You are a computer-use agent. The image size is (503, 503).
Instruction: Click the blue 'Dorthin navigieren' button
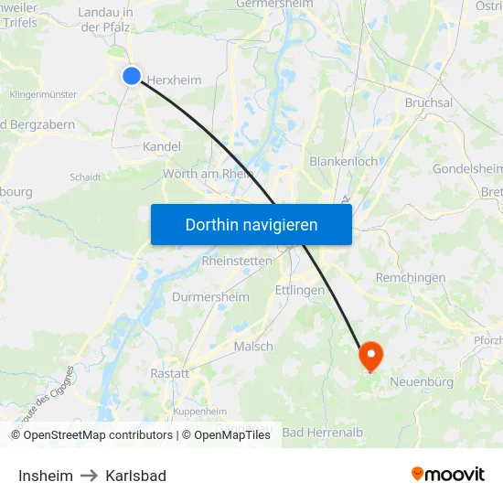(x=251, y=224)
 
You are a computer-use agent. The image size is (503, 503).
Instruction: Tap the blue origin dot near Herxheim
(x=132, y=76)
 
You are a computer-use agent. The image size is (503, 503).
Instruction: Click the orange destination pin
(x=370, y=356)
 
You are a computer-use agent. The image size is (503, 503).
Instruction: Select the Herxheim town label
(x=175, y=80)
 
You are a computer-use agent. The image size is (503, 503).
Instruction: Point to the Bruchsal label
(x=429, y=103)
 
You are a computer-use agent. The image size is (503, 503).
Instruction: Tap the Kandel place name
(x=162, y=146)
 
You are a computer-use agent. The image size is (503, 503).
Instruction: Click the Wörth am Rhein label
(x=208, y=174)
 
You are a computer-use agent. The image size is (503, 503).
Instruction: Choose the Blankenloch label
(x=344, y=161)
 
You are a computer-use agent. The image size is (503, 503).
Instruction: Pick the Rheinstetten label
(x=237, y=261)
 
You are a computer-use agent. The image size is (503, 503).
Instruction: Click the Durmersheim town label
(x=210, y=297)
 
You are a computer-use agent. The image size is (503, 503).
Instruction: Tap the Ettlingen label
(x=300, y=290)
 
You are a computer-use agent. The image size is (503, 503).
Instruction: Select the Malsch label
(x=253, y=347)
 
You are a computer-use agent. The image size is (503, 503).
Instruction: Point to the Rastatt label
(x=169, y=373)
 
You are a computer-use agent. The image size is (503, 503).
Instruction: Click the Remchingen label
(x=411, y=277)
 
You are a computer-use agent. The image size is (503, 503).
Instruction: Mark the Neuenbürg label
(x=422, y=381)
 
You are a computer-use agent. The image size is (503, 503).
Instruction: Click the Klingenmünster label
(x=43, y=94)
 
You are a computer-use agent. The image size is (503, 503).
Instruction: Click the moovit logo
(x=448, y=474)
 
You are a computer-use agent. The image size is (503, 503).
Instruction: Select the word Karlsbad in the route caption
(x=135, y=476)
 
